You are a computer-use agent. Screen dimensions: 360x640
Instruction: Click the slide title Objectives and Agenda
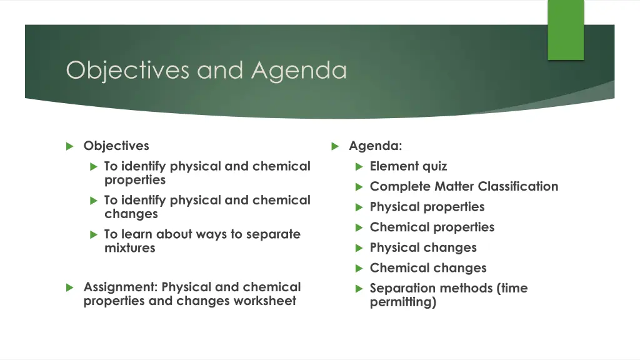point(206,70)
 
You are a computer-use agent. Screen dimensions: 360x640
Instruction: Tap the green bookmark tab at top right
point(566,30)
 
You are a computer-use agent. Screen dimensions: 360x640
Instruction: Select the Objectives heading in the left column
point(116,146)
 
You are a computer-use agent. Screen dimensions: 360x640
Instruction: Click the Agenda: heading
point(376,146)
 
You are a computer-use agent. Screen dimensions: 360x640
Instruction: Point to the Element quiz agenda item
point(408,166)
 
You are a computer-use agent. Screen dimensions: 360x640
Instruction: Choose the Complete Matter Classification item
point(464,186)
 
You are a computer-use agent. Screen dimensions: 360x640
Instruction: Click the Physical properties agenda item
point(427,207)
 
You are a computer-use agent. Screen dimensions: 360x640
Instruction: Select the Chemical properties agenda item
point(432,227)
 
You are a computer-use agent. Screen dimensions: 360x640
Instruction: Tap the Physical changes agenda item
point(423,247)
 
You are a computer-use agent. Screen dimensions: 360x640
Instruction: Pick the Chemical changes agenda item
point(428,268)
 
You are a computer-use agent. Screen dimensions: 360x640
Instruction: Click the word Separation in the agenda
point(401,288)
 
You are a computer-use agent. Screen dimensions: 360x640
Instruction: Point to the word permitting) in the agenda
point(403,302)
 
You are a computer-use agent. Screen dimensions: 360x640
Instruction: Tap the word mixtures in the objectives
point(130,248)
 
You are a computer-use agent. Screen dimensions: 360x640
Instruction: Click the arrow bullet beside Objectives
point(70,146)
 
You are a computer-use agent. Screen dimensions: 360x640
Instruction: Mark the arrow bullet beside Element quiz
point(359,167)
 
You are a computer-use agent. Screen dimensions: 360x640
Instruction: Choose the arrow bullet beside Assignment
point(70,288)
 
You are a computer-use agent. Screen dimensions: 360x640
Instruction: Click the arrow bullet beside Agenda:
point(336,146)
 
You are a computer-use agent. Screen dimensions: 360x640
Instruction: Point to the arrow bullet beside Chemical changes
point(359,269)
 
